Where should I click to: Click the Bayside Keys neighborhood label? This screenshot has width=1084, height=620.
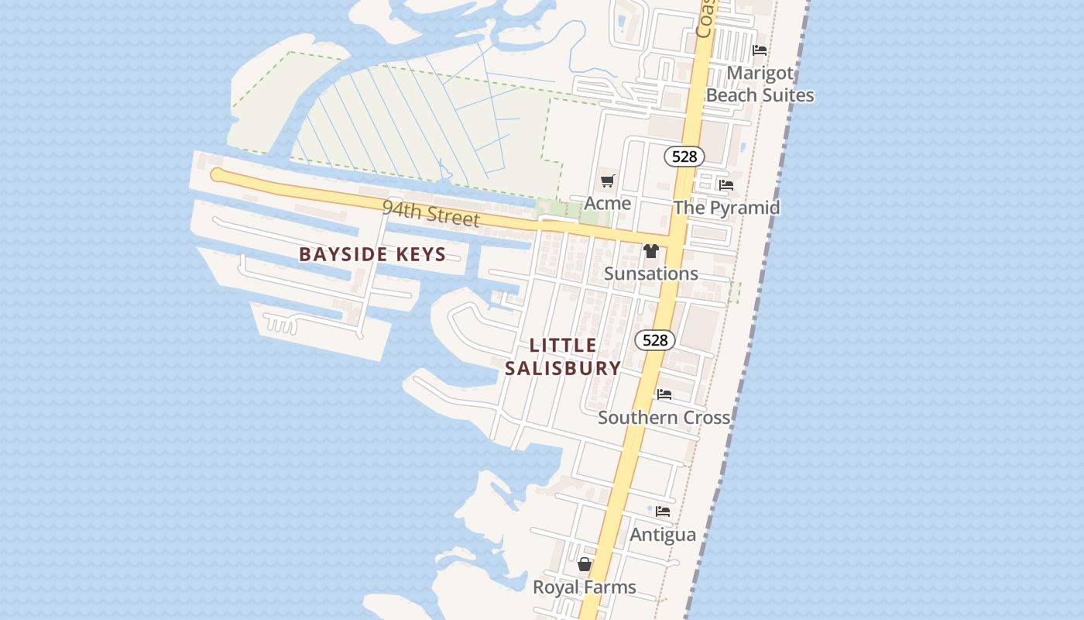pos(372,254)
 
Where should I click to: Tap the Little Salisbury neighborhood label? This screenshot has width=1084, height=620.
pos(563,356)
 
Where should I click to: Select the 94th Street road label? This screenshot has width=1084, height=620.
pos(431,213)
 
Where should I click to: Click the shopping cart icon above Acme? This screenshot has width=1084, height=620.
pos(608,181)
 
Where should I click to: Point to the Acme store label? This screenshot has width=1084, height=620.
pos(608,203)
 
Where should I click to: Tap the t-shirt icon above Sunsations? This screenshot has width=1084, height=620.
pos(651,251)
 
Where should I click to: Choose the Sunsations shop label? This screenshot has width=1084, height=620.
pos(651,274)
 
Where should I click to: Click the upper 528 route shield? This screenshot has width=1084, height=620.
pos(684,157)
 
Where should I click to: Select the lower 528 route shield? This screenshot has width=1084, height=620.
pos(655,340)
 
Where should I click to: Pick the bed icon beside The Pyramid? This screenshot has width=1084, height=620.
pos(726,185)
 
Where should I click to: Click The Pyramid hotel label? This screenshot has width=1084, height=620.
pos(726,208)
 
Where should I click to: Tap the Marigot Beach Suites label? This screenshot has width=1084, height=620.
pos(760,84)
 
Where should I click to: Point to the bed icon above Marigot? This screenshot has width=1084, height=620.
pos(760,50)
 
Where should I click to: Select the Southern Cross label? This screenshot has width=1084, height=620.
pos(664,417)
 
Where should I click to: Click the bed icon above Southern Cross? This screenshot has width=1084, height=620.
pos(664,394)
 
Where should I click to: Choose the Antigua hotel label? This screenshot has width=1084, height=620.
pos(663,535)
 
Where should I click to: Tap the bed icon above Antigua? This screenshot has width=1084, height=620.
pos(663,511)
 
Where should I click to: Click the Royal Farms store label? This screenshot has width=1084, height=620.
pos(585,587)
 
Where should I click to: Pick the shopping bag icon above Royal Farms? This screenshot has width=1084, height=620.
pos(585,564)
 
